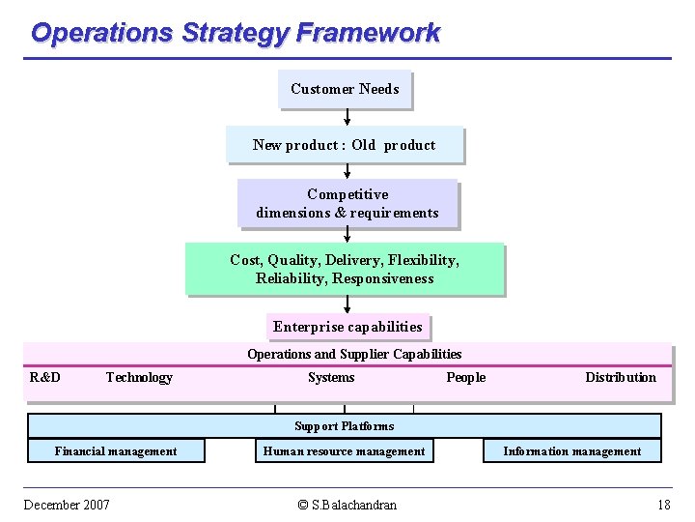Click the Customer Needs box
[x=345, y=89]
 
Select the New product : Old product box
[x=345, y=145]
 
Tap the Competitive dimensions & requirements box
[x=347, y=203]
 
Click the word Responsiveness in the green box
[x=383, y=278]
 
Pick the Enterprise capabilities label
[x=347, y=327]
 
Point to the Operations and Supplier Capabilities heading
[x=354, y=354]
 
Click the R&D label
[x=45, y=377]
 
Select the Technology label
[x=139, y=377]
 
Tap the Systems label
[x=331, y=377]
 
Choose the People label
[x=465, y=377]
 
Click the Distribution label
[x=620, y=377]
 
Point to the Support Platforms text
[x=344, y=425]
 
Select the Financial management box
[x=116, y=450]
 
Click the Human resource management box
[x=344, y=450]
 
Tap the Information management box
[x=571, y=450]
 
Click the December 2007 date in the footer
[x=67, y=505]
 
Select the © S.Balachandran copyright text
[x=347, y=505]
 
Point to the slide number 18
[x=663, y=505]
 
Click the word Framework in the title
[x=368, y=33]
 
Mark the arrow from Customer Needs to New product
[x=347, y=117]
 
